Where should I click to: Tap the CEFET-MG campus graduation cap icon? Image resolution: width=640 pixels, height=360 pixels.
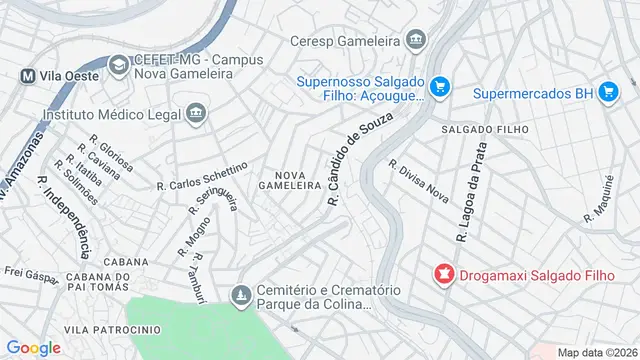(118, 65)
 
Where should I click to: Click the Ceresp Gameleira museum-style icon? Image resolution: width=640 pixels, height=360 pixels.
(416, 42)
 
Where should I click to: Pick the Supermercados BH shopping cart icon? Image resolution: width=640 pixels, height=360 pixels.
(607, 93)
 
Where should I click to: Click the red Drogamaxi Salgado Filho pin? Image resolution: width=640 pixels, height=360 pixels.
(442, 272)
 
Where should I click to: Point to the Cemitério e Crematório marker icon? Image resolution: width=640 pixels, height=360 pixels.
(240, 296)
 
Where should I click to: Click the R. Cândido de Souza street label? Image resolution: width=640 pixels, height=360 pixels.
(358, 160)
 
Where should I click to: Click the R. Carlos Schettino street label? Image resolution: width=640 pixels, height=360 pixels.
(202, 177)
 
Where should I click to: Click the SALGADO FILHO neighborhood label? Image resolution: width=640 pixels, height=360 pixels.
(477, 130)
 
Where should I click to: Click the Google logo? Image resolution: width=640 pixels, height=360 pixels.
(33, 347)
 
